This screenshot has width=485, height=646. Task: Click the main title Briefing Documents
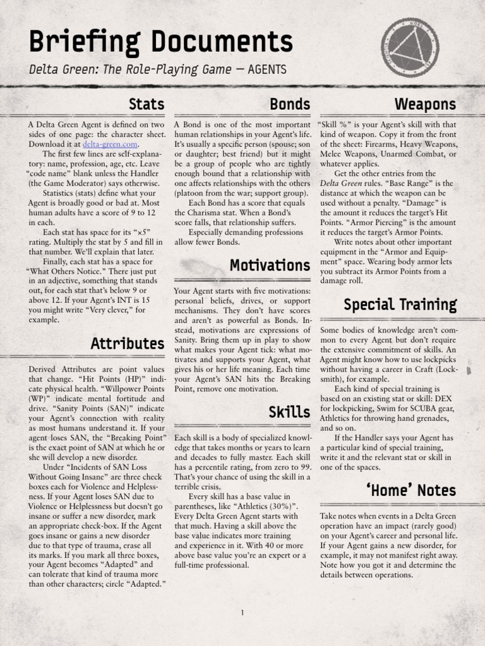tap(161, 42)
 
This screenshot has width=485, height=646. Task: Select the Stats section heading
tap(146, 103)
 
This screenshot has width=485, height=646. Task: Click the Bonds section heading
tap(290, 103)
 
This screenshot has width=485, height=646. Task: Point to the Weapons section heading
tap(425, 103)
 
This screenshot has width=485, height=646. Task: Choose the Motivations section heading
tap(270, 266)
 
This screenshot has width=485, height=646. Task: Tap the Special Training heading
tap(400, 305)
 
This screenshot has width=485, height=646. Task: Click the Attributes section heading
tap(127, 344)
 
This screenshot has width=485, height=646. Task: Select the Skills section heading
tap(289, 413)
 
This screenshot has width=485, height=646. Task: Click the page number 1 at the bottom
tap(242, 612)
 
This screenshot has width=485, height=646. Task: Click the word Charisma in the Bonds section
tap(200, 213)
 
